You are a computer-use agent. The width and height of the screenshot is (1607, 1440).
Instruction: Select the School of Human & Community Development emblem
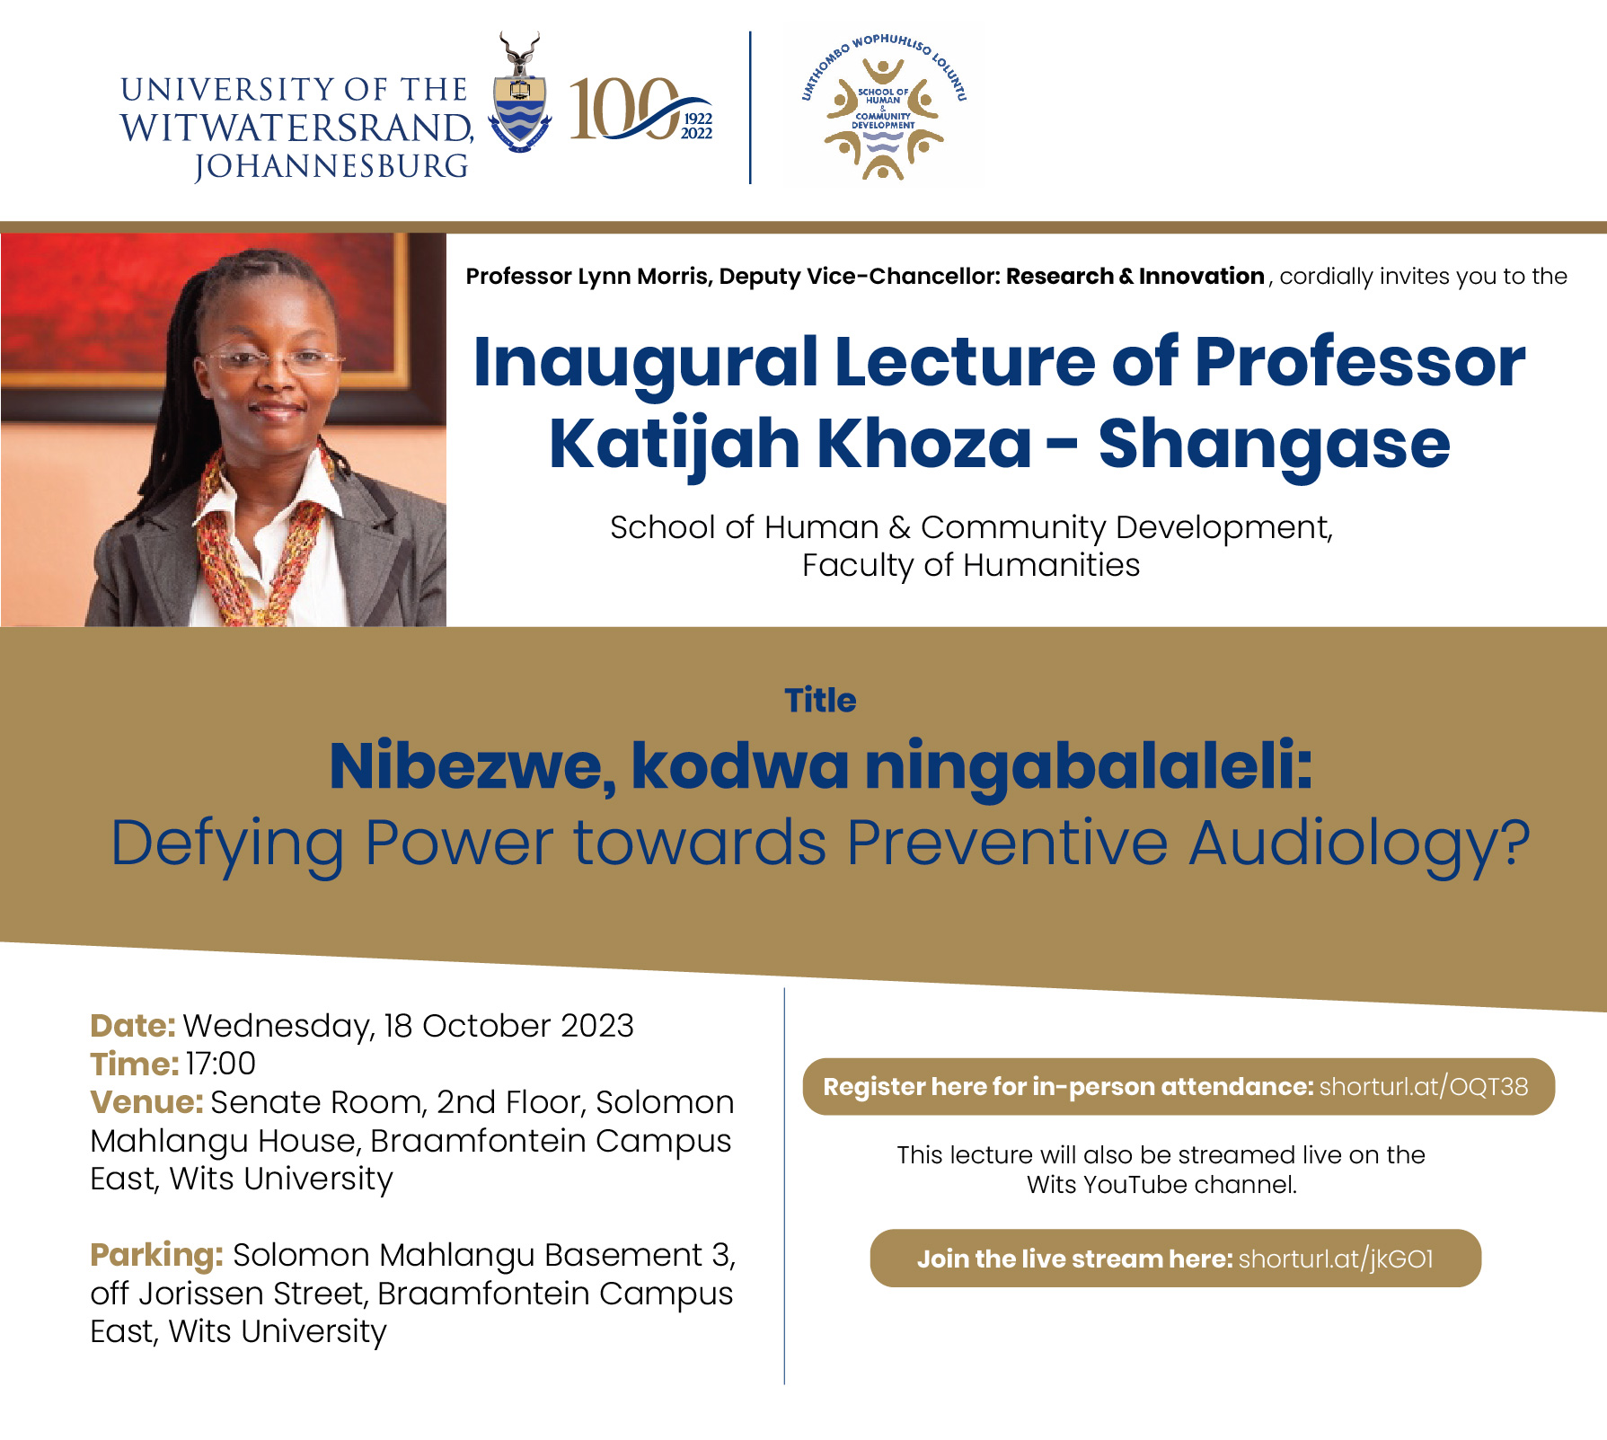pos(883,107)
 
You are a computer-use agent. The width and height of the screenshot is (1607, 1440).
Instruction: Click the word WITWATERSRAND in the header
pos(296,128)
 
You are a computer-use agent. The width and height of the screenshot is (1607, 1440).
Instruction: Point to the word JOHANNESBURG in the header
pos(331,166)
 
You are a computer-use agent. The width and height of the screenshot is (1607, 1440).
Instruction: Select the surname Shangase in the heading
pos(1274,446)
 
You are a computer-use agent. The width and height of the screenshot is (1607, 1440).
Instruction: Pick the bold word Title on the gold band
pos(820,700)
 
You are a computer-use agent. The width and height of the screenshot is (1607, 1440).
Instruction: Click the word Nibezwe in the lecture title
pos(473,766)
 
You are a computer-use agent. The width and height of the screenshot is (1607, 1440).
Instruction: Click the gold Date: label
pos(133,1026)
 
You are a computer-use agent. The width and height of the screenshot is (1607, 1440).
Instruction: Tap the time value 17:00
pos(221,1064)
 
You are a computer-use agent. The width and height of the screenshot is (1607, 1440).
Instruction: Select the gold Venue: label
pos(147,1102)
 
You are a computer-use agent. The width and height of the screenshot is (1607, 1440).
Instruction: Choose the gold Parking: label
pos(156,1255)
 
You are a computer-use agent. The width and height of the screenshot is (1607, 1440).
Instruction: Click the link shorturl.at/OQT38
pos(1424,1087)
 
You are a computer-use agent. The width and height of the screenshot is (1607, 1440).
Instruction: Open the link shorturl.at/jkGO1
pos(1336,1259)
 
